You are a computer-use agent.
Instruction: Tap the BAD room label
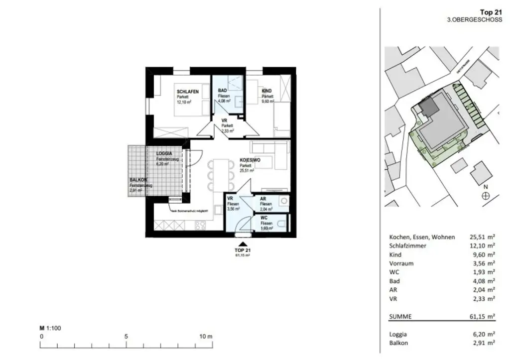(223, 91)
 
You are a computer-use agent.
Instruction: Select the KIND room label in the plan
(267, 91)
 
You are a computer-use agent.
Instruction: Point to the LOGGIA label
(164, 154)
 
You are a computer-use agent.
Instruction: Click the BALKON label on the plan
(138, 180)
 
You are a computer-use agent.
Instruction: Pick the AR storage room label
(263, 198)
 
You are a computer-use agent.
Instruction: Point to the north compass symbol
(485, 196)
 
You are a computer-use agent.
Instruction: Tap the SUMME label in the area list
(400, 316)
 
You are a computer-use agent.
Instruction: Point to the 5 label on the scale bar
(126, 336)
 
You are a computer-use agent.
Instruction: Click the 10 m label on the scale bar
(206, 336)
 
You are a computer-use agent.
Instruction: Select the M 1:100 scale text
(50, 328)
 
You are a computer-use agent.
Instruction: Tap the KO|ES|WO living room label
(251, 160)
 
